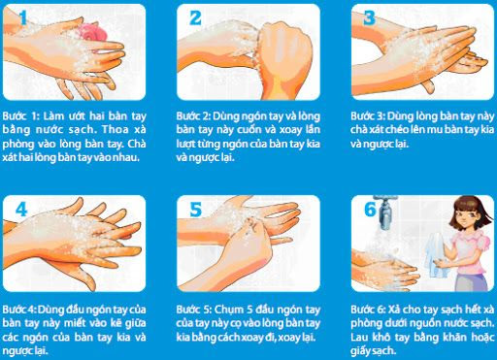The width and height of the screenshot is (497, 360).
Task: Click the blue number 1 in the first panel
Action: click(22, 17)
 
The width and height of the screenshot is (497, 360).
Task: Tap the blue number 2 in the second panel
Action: click(195, 17)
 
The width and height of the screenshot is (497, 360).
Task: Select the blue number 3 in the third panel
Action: click(369, 17)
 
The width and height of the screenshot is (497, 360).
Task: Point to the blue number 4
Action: click(21, 210)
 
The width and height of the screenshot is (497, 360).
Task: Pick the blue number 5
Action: click(195, 210)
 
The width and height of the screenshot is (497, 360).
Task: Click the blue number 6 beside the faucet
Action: click(370, 210)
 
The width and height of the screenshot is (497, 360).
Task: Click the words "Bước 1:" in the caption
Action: click(19, 115)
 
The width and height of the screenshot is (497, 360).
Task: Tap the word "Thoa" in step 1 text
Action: click(115, 129)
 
